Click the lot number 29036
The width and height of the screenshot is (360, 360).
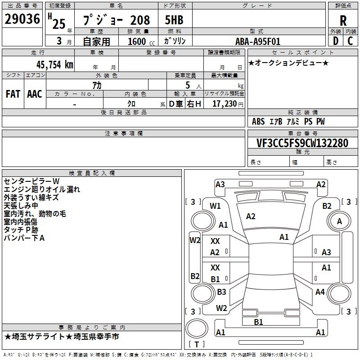[x=22, y=21]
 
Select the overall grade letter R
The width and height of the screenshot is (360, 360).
[x=343, y=21]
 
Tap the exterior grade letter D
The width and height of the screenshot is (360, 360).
[x=335, y=41]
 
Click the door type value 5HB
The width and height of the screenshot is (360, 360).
[x=174, y=21]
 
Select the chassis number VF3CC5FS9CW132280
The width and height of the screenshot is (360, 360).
[x=302, y=143]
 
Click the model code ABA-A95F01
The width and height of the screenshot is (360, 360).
[x=258, y=41]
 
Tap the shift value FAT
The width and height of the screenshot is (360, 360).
[x=13, y=94]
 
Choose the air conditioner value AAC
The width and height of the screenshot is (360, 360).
[x=35, y=94]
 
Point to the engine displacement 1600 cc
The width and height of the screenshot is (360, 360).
[x=140, y=41]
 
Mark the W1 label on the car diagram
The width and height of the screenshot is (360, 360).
[x=215, y=206]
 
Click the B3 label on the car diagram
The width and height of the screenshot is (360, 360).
[x=221, y=292]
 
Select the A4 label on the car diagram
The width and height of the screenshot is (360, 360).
[x=320, y=292]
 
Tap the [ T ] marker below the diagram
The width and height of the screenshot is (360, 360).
[x=197, y=345]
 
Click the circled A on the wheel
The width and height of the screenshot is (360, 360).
[x=339, y=221]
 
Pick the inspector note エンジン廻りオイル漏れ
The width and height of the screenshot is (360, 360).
[x=42, y=189]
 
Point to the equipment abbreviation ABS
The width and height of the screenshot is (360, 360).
[x=258, y=121]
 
